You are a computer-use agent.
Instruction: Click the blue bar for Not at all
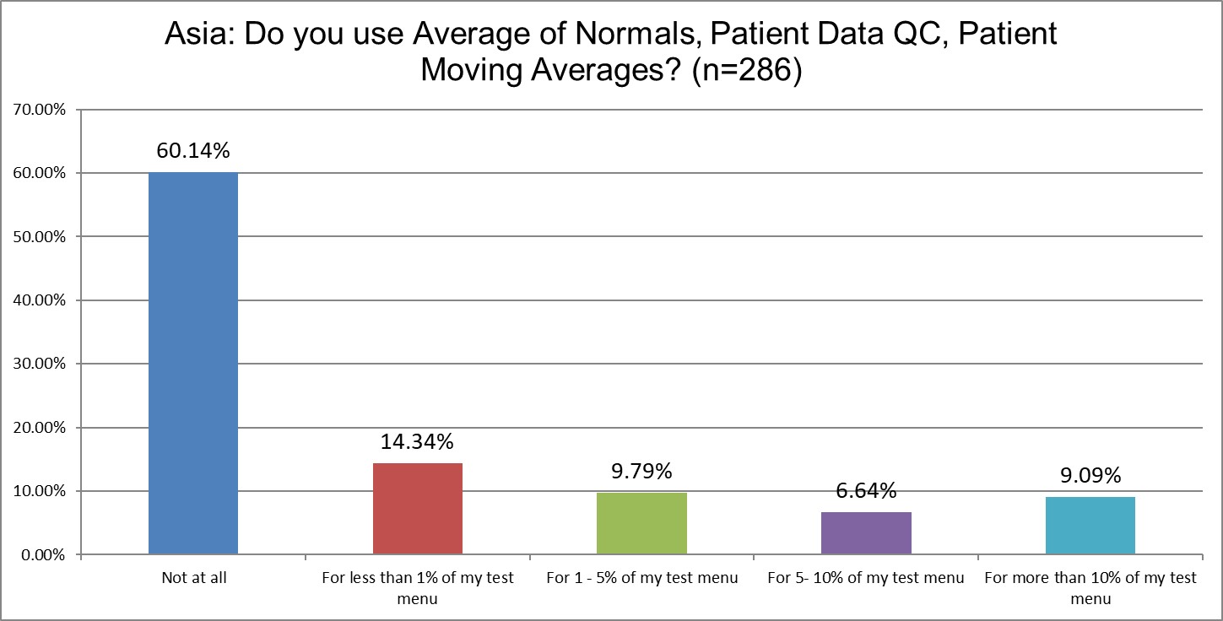[x=193, y=363]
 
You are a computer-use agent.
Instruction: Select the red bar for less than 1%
[x=417, y=509]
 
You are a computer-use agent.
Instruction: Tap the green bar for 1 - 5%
[x=641, y=523]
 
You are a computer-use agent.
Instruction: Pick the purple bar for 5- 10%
[x=866, y=533]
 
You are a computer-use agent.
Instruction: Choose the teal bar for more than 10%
[x=1090, y=526]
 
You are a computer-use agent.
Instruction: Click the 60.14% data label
[x=193, y=151]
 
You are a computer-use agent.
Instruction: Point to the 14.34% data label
[x=417, y=442]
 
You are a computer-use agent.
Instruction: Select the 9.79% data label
[x=641, y=471]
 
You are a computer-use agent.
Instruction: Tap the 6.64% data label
[x=866, y=491]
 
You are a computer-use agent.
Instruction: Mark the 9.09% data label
[x=1090, y=476]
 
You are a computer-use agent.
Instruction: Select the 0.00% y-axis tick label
[x=41, y=555]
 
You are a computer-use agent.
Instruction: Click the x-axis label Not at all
[x=193, y=579]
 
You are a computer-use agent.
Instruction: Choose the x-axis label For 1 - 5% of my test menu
[x=641, y=579]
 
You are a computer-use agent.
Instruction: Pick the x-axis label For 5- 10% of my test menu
[x=866, y=579]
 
